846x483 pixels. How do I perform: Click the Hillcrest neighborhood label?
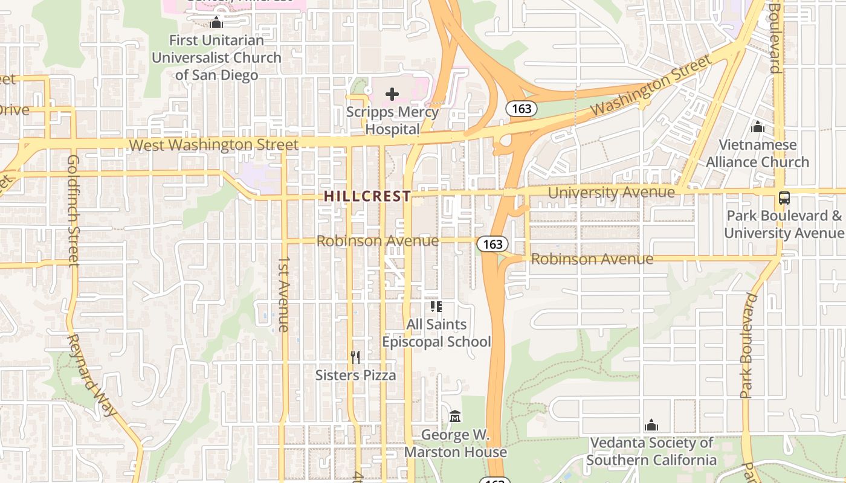pos(367,196)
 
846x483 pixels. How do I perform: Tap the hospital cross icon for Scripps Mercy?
pos(392,94)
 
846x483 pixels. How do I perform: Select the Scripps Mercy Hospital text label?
pos(392,121)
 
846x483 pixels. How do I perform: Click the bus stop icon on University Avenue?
pos(784,198)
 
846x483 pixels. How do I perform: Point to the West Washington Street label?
pos(214,145)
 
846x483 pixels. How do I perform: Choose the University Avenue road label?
pos(611,193)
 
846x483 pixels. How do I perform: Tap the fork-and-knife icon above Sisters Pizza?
pos(355,357)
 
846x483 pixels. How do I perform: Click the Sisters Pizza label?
pos(355,375)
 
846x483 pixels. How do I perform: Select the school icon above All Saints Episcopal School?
pos(436,307)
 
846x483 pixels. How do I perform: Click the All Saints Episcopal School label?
pos(436,333)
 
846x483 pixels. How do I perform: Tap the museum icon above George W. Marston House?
pos(455,417)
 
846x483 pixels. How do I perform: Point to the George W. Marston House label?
pos(455,443)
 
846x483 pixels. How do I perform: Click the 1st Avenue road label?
pos(283,293)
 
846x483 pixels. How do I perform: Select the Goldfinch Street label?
pos(74,210)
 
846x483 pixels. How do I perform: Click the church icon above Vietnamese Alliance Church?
pos(757,127)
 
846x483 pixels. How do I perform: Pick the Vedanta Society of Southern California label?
pos(651,452)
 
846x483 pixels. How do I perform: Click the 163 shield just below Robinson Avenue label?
pos(492,244)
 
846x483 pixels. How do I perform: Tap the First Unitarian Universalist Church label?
pos(216,58)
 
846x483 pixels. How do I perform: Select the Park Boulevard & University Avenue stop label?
pos(784,224)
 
